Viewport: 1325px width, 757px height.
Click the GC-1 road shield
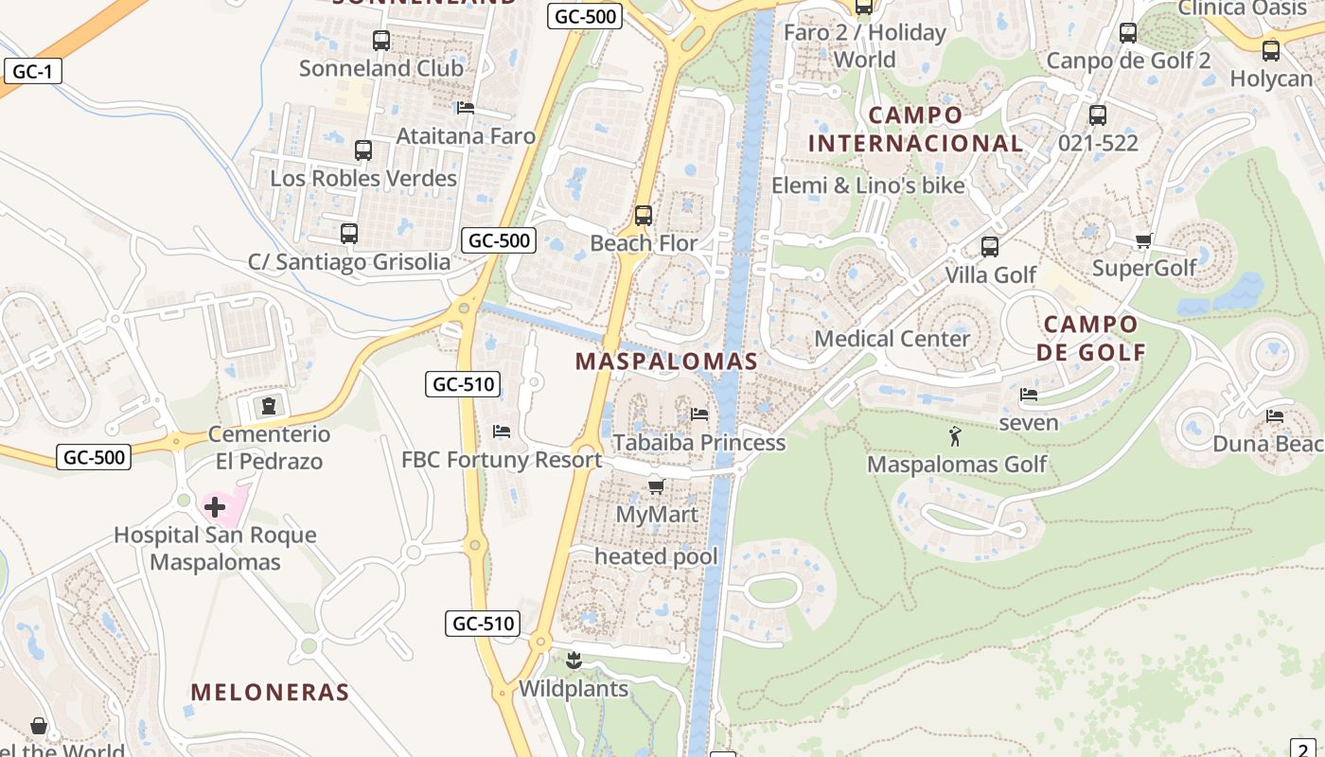tap(32, 71)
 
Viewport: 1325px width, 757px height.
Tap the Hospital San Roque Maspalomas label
tap(215, 549)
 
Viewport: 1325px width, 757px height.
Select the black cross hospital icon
tap(215, 507)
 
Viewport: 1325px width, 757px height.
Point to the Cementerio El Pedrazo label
tap(269, 448)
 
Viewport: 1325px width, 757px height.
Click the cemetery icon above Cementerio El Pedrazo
tap(269, 407)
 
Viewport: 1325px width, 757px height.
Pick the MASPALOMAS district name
tap(666, 361)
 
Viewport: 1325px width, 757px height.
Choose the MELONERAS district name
tap(270, 693)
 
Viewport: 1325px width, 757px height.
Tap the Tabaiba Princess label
tap(698, 443)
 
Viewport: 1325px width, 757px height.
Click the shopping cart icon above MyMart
tap(656, 486)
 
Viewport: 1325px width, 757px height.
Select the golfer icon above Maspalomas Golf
tap(955, 436)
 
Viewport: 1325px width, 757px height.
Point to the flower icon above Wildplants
tap(573, 659)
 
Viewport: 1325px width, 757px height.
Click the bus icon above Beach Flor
tap(644, 215)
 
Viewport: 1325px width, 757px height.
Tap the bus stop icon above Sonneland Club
tap(381, 41)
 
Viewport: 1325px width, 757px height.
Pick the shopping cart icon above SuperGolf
tap(1143, 240)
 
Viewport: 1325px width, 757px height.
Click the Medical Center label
tap(892, 339)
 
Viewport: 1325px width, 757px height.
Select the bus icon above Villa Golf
tap(990, 247)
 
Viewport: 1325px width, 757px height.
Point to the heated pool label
tap(656, 556)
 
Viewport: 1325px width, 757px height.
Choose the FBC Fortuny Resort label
tap(502, 460)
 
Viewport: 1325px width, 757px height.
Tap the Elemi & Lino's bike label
tap(868, 185)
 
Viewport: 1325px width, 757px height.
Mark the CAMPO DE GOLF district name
tap(1090, 339)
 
